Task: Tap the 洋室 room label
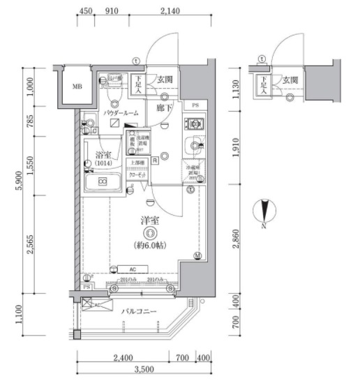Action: point(148,221)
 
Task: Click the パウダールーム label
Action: point(121,112)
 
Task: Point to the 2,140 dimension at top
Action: point(170,10)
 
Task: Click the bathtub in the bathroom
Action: point(103,183)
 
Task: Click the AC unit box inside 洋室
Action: point(131,269)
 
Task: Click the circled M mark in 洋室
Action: point(198,256)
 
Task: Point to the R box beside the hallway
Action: point(155,160)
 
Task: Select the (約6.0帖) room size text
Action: point(148,245)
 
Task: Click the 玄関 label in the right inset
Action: point(292,80)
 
